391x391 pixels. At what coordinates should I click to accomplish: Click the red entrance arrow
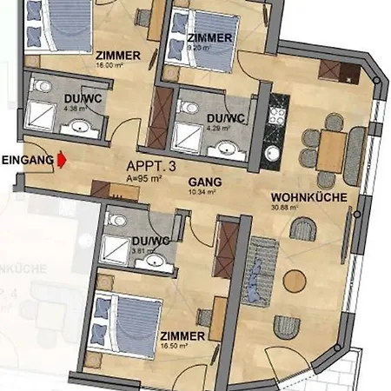62,160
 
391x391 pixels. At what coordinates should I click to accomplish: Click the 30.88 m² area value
284,209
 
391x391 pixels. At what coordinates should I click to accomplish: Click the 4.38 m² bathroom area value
51,109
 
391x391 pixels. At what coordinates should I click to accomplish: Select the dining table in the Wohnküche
330,149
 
